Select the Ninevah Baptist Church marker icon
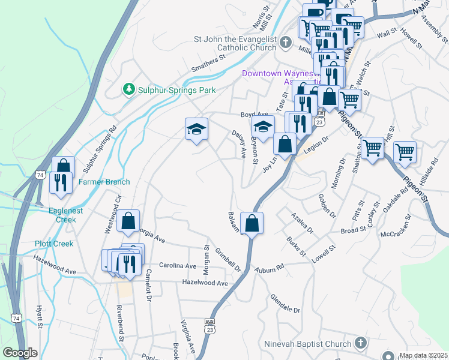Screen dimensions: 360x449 click(x=360, y=343)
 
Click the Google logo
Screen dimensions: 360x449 click(x=20, y=353)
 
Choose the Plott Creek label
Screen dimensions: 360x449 click(x=54, y=244)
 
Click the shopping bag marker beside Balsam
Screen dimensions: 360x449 click(x=252, y=223)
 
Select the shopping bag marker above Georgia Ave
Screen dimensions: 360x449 click(x=128, y=221)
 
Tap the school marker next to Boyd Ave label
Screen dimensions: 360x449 click(x=263, y=127)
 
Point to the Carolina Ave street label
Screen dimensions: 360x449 click(x=178, y=265)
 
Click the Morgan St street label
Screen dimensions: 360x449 click(x=206, y=256)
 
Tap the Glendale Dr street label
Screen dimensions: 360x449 click(x=285, y=304)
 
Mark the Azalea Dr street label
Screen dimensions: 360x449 click(x=302, y=223)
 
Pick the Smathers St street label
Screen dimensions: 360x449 click(x=207, y=64)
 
